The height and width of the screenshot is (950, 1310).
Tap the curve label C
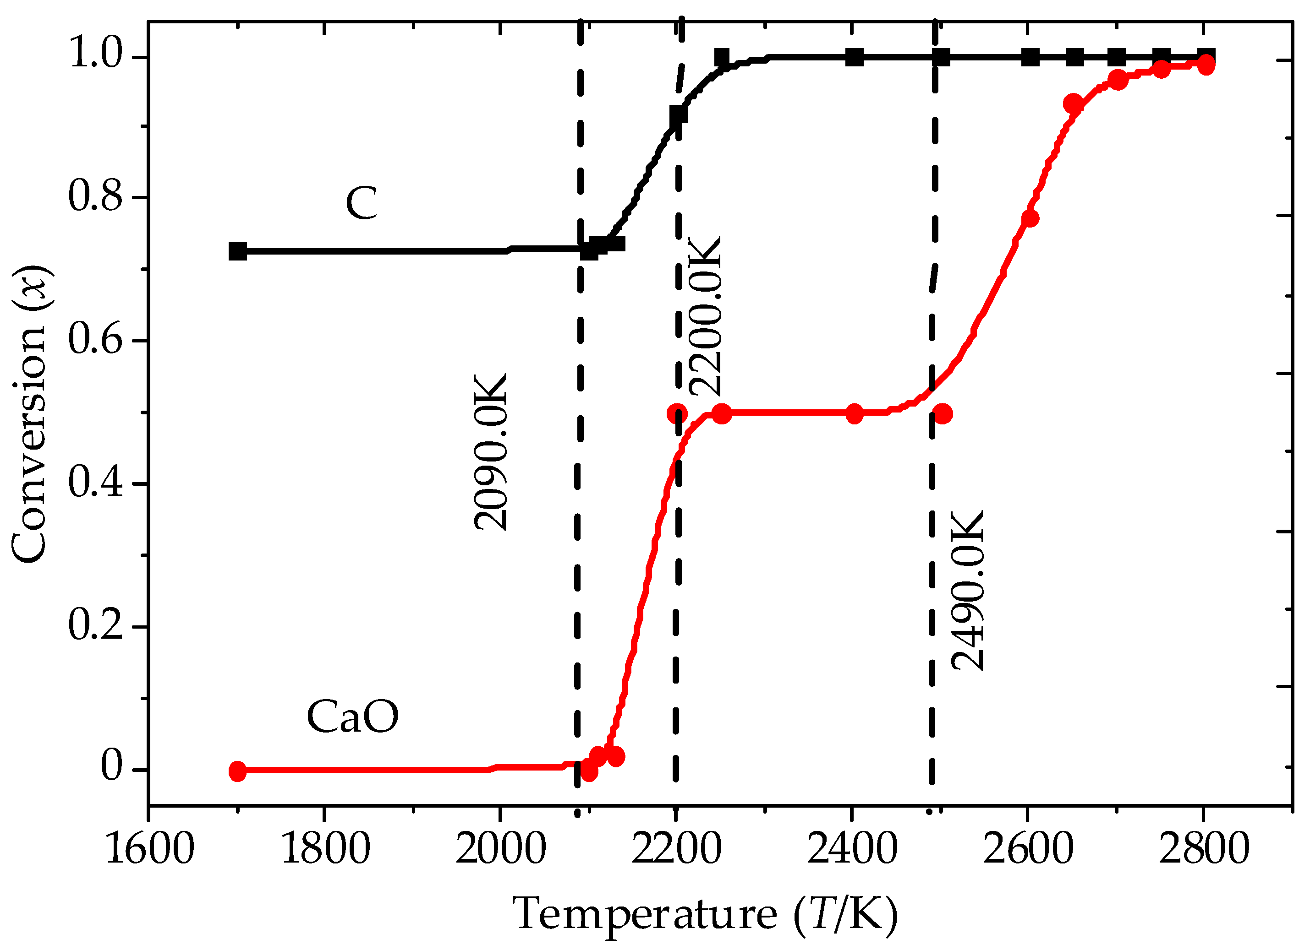[362, 203]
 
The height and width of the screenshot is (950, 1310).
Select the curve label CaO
[352, 717]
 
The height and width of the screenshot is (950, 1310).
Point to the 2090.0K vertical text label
[490, 452]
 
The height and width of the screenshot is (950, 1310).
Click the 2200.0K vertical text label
[705, 316]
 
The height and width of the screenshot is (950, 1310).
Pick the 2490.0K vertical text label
[967, 591]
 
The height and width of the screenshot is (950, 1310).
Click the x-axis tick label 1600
[149, 850]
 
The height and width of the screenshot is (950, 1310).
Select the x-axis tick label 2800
[1204, 850]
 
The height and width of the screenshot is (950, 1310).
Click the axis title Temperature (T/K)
[705, 914]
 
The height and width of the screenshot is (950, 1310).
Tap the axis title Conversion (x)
[29, 414]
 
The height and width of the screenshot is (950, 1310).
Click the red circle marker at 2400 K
[854, 414]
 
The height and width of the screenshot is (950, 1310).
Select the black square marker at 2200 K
[679, 115]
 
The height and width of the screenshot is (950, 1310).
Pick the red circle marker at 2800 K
[1206, 65]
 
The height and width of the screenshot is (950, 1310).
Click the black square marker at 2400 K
[854, 57]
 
